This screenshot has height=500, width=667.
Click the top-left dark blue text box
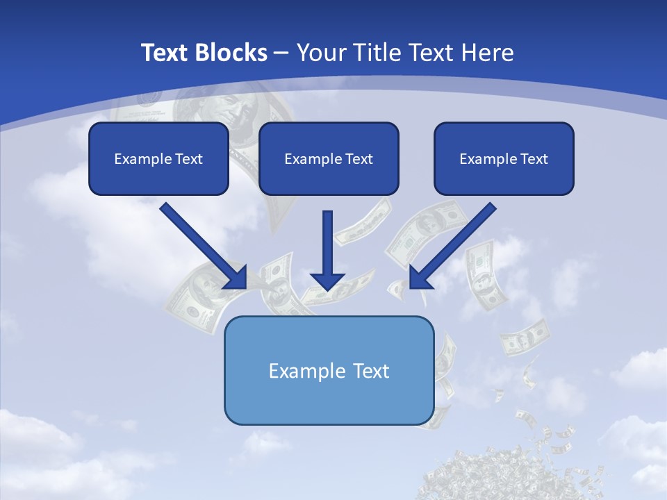point(158,158)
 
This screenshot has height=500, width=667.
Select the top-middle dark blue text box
point(329,158)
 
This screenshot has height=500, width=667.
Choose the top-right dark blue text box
point(504,158)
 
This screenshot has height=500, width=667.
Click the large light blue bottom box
point(329,370)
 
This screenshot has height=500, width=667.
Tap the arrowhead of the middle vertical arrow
point(327,281)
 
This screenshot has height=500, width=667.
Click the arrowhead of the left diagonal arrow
point(236,278)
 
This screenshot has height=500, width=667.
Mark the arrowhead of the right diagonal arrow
point(421,278)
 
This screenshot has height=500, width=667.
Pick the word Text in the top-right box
point(534,159)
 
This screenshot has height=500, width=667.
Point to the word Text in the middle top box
point(359,159)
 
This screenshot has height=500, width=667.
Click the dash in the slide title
point(282,53)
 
